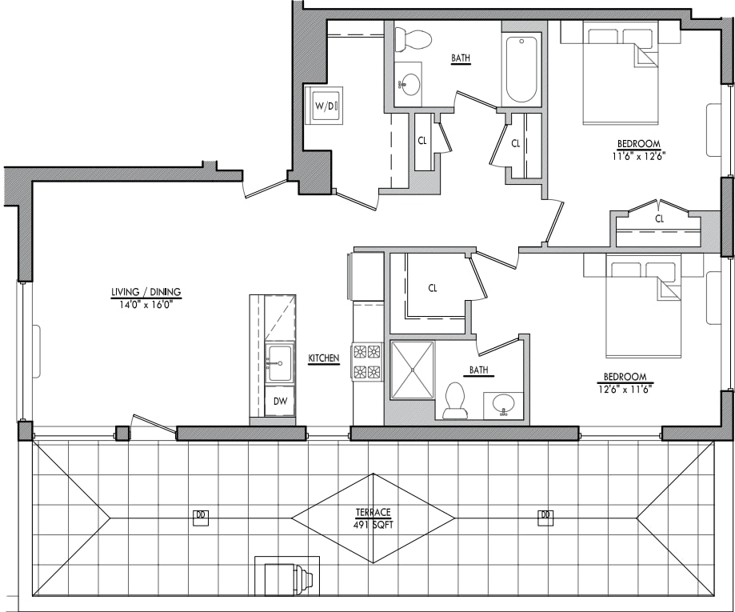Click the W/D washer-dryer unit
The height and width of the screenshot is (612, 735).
point(326,106)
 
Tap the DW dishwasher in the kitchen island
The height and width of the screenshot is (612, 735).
point(280,401)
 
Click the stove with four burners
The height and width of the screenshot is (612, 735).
point(367,362)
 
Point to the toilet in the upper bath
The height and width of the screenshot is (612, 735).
point(413,38)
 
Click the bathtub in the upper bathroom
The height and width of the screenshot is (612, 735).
point(521,69)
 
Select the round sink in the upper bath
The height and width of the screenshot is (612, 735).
point(410,84)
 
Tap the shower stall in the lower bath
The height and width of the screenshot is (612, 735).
point(412,370)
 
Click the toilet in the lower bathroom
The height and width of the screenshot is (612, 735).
point(455,399)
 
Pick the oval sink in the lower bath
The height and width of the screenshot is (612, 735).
point(503,404)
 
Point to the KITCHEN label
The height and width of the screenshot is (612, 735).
point(324,358)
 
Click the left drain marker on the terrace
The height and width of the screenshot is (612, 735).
point(200,517)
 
